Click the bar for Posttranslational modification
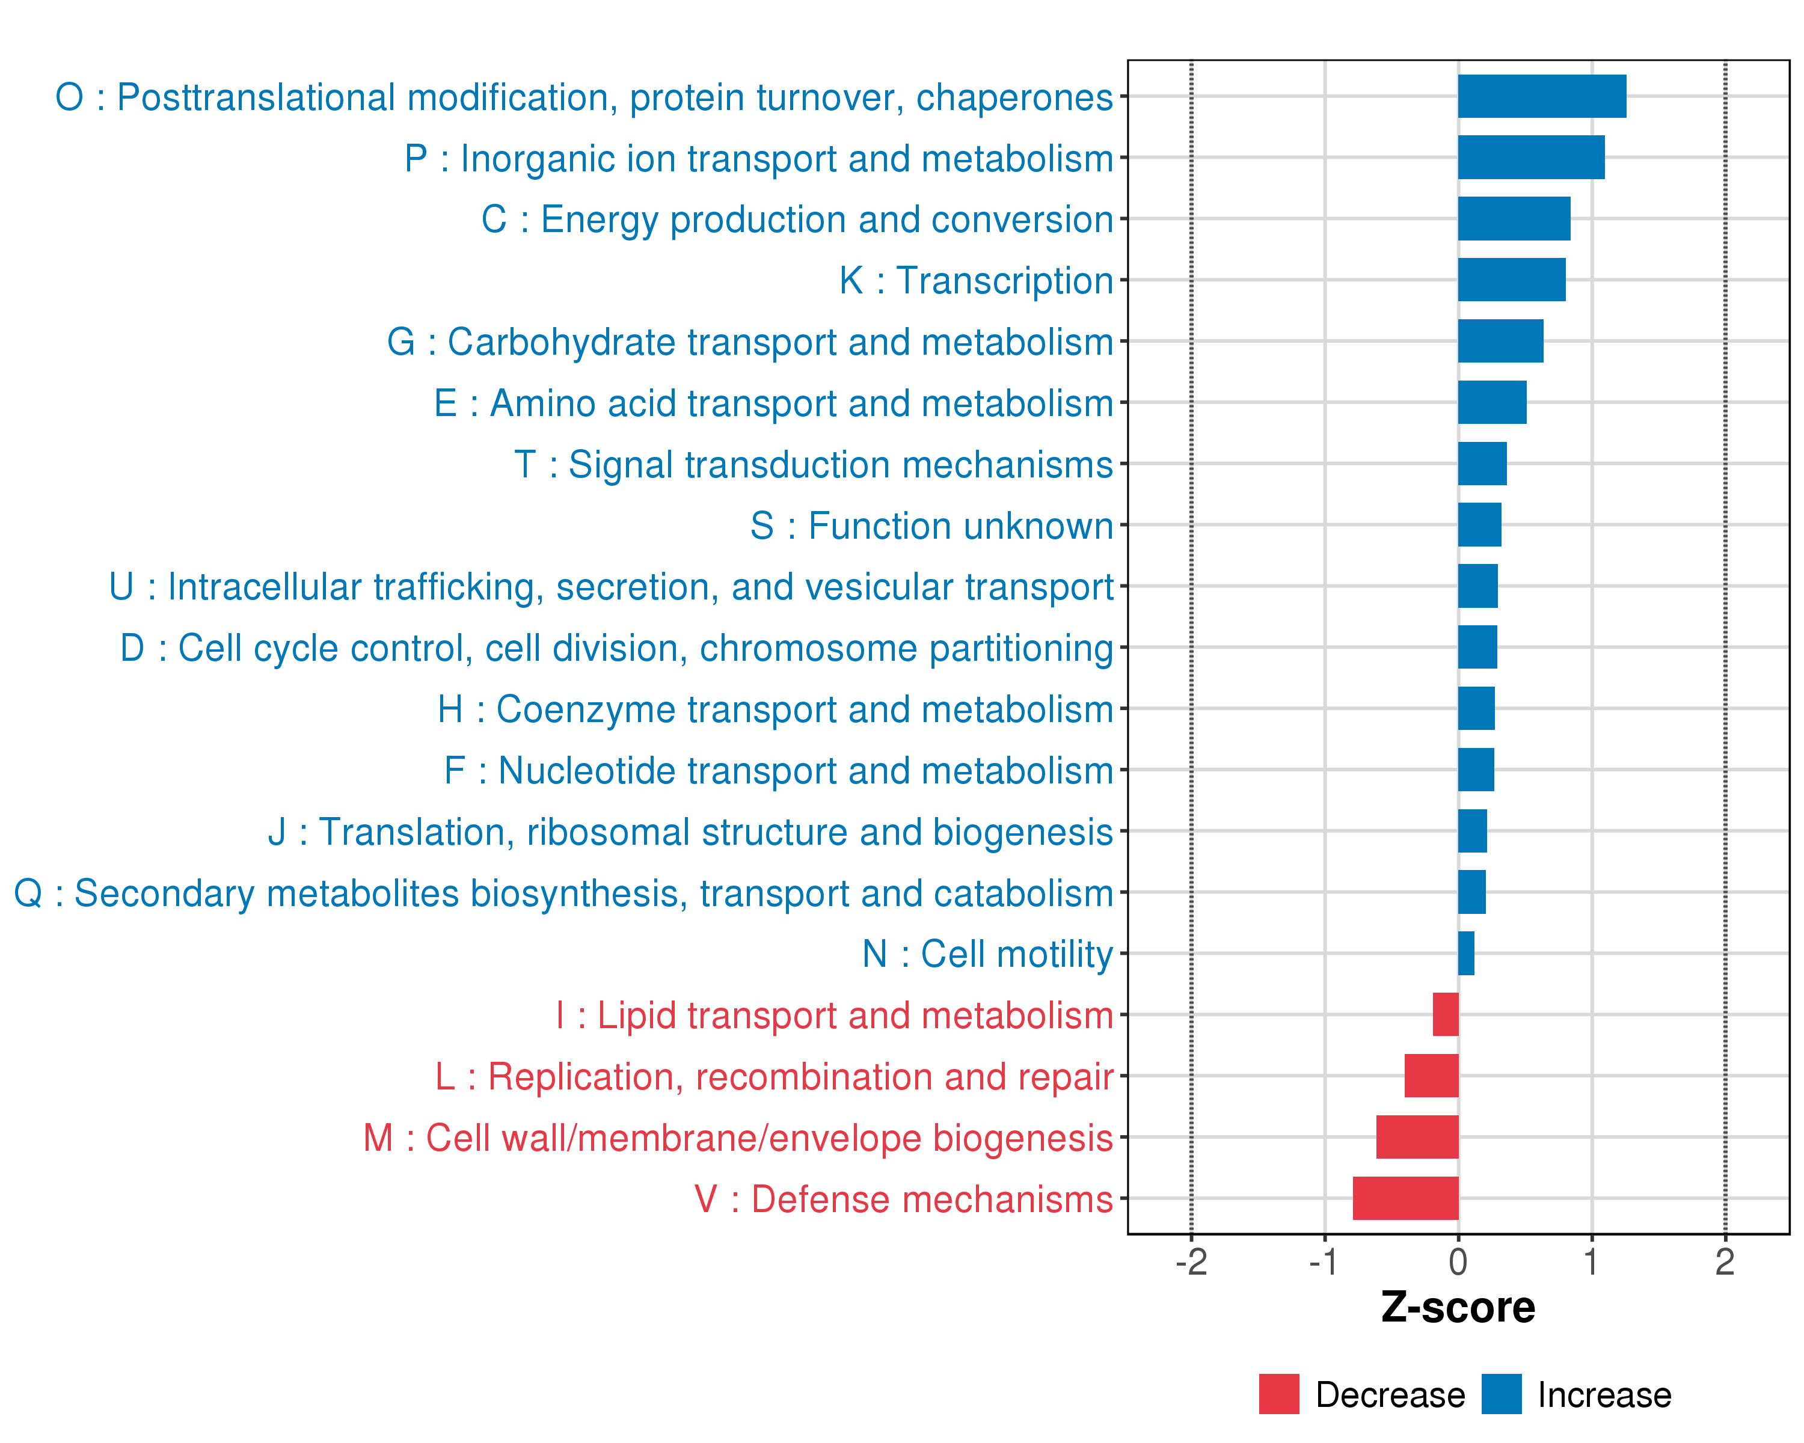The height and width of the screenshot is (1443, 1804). tap(1541, 96)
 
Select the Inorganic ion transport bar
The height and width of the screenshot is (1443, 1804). tap(1530, 158)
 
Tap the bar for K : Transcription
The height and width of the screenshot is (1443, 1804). tap(1511, 280)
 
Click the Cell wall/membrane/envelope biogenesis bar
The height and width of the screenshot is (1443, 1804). tap(1417, 1137)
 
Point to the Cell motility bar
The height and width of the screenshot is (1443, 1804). tap(1466, 954)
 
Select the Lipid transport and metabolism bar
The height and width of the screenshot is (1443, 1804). tap(1445, 1015)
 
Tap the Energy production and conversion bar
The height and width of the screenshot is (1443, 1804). tap(1514, 218)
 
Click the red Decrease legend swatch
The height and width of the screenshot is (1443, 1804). tap(1278, 1394)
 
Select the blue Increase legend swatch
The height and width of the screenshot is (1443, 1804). tap(1501, 1394)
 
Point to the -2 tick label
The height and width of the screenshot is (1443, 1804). tap(1191, 1262)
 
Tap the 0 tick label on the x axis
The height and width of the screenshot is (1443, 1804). tap(1458, 1262)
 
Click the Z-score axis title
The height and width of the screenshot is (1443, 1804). tap(1458, 1308)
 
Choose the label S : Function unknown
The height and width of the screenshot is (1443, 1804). tap(931, 526)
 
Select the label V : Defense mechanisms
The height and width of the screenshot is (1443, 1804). tap(903, 1199)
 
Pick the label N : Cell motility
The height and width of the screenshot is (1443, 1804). tap(987, 954)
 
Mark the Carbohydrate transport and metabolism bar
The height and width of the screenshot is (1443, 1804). tap(1500, 340)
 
